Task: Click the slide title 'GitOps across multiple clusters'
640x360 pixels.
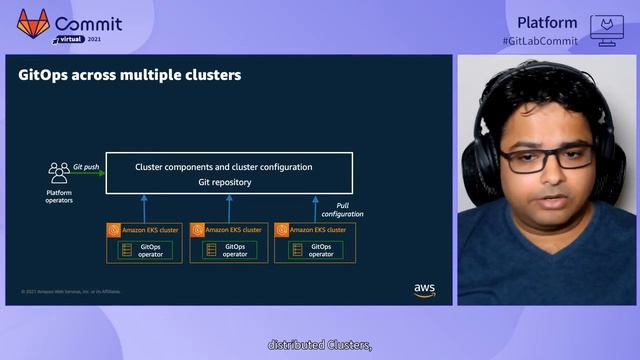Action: point(130,75)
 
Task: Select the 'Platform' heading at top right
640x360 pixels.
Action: point(547,22)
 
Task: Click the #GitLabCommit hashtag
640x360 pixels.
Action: point(540,39)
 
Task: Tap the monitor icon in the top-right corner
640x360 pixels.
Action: point(606,29)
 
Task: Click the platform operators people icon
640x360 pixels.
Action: point(59,172)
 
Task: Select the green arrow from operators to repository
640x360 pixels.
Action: point(89,174)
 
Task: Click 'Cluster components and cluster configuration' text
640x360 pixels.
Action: point(224,167)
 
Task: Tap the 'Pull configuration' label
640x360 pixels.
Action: point(342,209)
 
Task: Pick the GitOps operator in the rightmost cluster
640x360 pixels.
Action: point(320,250)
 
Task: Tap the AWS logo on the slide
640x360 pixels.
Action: point(424,289)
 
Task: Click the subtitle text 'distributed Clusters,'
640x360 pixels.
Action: point(319,345)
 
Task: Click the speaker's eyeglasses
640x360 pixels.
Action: point(535,157)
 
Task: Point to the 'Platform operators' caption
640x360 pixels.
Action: point(59,196)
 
